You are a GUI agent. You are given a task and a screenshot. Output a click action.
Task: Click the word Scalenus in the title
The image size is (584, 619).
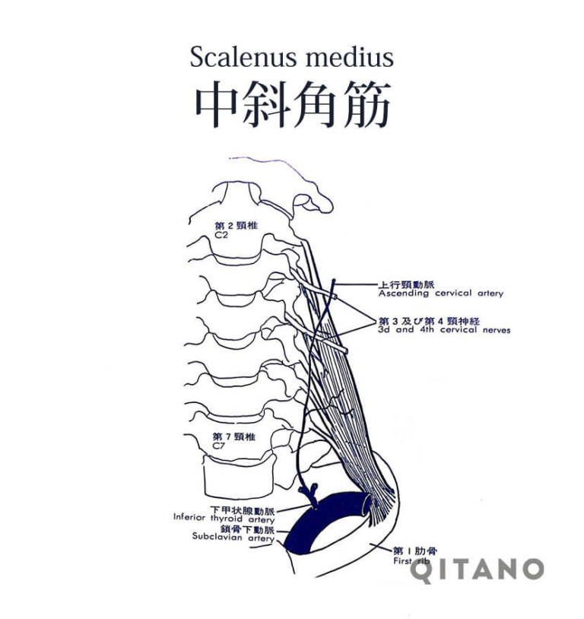coord(243,57)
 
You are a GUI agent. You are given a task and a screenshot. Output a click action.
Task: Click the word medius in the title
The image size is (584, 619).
coord(350,57)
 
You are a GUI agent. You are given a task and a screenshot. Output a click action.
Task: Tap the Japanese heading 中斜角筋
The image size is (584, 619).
coord(293,104)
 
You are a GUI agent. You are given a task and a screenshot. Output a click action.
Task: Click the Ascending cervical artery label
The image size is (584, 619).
coord(441,294)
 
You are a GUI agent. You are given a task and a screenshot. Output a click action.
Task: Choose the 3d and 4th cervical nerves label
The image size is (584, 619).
coord(444,329)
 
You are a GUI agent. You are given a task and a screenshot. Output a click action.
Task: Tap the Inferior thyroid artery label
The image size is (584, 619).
coord(224,519)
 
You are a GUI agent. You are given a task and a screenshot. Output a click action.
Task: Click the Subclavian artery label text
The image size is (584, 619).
coord(233,537)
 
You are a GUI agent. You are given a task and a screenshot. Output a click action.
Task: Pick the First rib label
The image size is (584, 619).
coord(411,561)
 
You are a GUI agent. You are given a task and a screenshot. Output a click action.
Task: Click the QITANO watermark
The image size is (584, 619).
coord(477,570)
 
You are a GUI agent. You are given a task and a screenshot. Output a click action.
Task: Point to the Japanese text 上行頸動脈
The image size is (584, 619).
coord(406,284)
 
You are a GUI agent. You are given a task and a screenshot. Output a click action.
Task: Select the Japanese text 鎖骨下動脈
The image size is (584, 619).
coord(248,529)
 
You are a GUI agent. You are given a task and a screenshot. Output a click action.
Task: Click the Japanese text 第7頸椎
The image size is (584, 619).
coord(233,436)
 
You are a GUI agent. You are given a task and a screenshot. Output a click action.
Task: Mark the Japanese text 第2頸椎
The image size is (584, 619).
coord(236,225)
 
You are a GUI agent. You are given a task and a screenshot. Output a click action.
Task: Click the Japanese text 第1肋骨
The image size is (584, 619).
coord(415,551)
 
